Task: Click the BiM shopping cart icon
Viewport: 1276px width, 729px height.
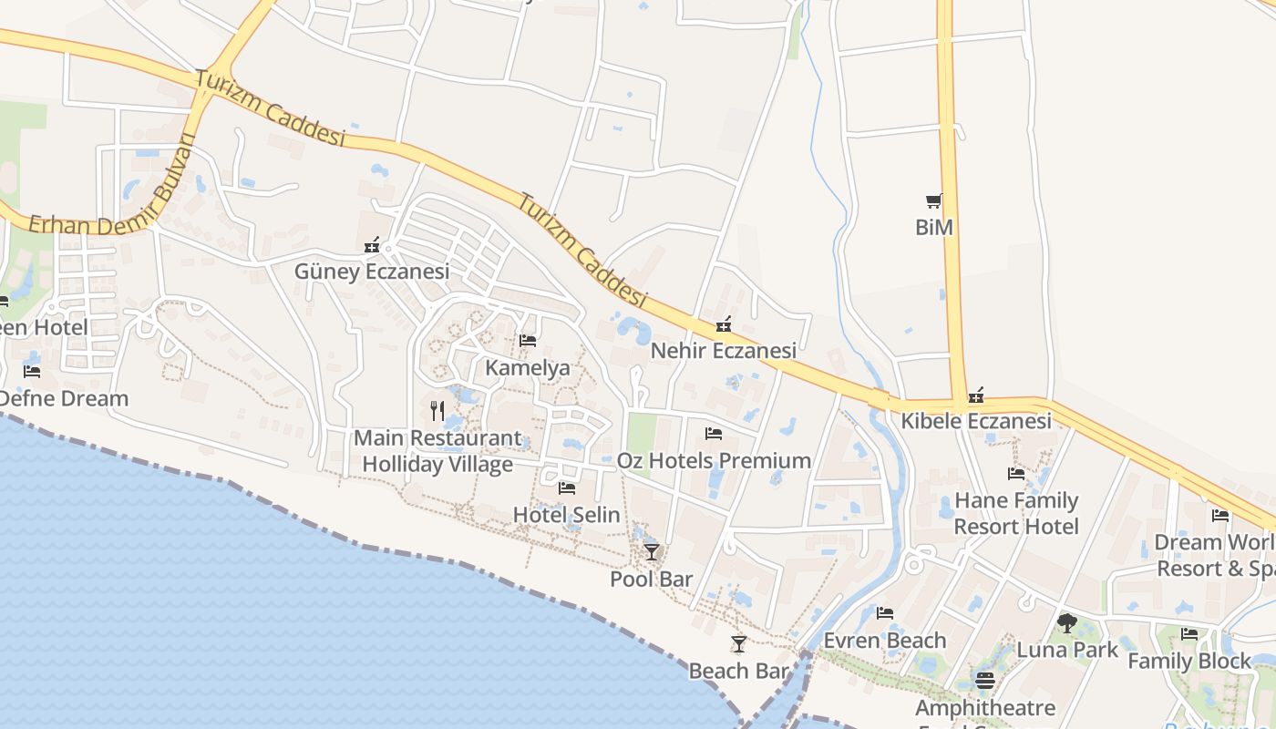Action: (933, 200)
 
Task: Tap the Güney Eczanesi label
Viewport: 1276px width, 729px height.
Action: (372, 272)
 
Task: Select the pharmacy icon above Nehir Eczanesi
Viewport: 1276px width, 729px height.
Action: (724, 323)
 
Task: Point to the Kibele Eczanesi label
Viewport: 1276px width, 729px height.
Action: (976, 421)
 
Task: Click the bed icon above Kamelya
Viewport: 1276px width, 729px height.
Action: (527, 341)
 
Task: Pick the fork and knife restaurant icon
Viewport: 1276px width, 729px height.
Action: (437, 411)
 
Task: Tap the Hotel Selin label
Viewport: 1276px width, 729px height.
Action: (566, 515)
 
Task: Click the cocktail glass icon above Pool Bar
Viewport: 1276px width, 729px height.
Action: (651, 551)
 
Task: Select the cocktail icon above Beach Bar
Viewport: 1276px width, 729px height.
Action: (738, 644)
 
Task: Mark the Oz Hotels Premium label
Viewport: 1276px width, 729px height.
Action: (714, 460)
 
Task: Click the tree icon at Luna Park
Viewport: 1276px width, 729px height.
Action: (1066, 623)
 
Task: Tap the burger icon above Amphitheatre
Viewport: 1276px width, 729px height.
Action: (984, 680)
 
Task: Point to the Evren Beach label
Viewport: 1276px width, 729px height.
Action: (884, 641)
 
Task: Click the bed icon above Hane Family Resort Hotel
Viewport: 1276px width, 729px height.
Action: (1015, 473)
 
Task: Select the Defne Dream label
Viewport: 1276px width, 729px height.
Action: (64, 398)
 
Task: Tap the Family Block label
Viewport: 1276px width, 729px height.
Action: (1189, 661)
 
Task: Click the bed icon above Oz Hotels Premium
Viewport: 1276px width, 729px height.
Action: (713, 434)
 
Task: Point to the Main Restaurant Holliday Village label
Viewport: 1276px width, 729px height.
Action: (437, 451)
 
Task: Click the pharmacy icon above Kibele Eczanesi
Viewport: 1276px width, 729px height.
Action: (976, 395)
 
